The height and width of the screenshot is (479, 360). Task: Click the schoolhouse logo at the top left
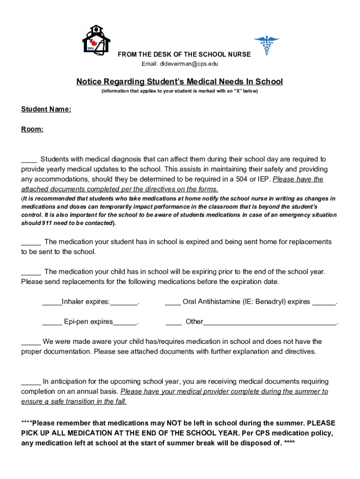tap(96, 41)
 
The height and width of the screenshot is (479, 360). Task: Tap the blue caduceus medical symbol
tap(266, 45)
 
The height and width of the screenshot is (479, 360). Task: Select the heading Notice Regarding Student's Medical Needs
tap(180, 82)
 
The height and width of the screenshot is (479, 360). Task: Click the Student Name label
tap(46, 109)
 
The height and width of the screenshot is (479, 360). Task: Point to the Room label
tap(32, 129)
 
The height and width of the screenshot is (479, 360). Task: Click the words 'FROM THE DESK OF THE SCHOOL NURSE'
tap(184, 54)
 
